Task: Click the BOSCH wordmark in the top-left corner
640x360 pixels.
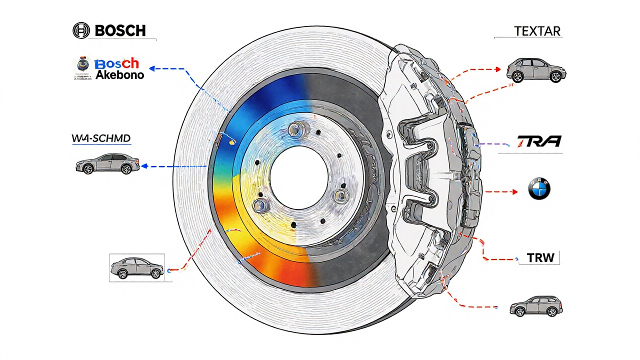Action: click(120, 30)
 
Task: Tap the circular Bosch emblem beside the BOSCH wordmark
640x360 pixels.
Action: click(81, 30)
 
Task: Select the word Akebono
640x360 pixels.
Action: click(119, 75)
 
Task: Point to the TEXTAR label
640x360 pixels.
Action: click(537, 31)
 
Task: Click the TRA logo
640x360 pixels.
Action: click(538, 141)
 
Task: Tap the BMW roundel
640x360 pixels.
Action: click(539, 190)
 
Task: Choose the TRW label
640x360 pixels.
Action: click(540, 258)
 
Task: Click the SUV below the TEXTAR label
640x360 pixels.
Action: click(536, 70)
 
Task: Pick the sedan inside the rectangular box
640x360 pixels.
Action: click(137, 268)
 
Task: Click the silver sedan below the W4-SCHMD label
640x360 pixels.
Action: click(107, 163)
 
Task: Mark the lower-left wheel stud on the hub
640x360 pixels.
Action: click(259, 205)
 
